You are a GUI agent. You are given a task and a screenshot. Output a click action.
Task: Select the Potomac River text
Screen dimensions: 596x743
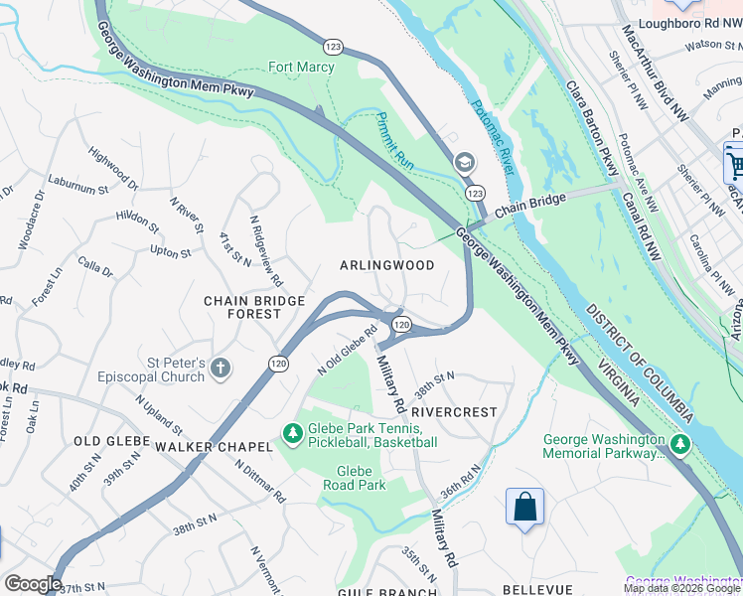494,138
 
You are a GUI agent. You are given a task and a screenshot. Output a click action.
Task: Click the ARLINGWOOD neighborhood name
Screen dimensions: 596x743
386,265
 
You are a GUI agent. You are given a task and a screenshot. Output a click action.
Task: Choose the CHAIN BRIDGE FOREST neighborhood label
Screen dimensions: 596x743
243,307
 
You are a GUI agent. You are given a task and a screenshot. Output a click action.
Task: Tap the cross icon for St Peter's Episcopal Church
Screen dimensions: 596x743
220,369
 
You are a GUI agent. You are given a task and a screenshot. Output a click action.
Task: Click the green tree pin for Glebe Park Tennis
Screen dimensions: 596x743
292,434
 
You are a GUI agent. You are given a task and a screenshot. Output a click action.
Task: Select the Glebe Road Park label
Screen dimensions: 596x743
354,478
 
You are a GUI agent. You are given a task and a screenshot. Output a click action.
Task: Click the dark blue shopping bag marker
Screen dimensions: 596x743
524,508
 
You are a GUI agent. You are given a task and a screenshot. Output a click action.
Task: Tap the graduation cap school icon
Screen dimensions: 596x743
464,162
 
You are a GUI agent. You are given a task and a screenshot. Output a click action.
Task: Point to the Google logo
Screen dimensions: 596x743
33,584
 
